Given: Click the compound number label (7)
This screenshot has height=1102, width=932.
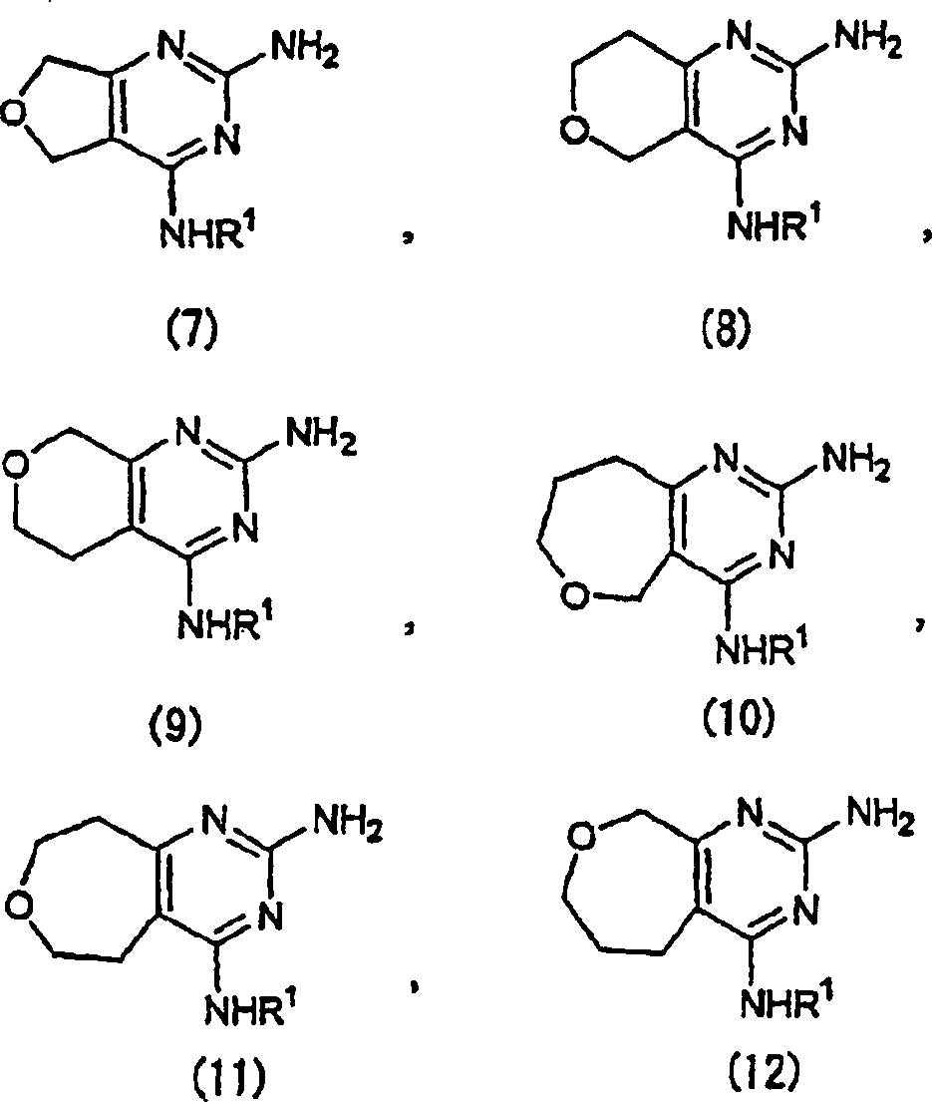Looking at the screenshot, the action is pyautogui.click(x=188, y=328).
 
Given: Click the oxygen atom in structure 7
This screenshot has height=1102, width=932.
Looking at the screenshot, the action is pyautogui.click(x=14, y=115).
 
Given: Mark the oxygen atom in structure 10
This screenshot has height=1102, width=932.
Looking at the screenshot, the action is pyautogui.click(x=571, y=596).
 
